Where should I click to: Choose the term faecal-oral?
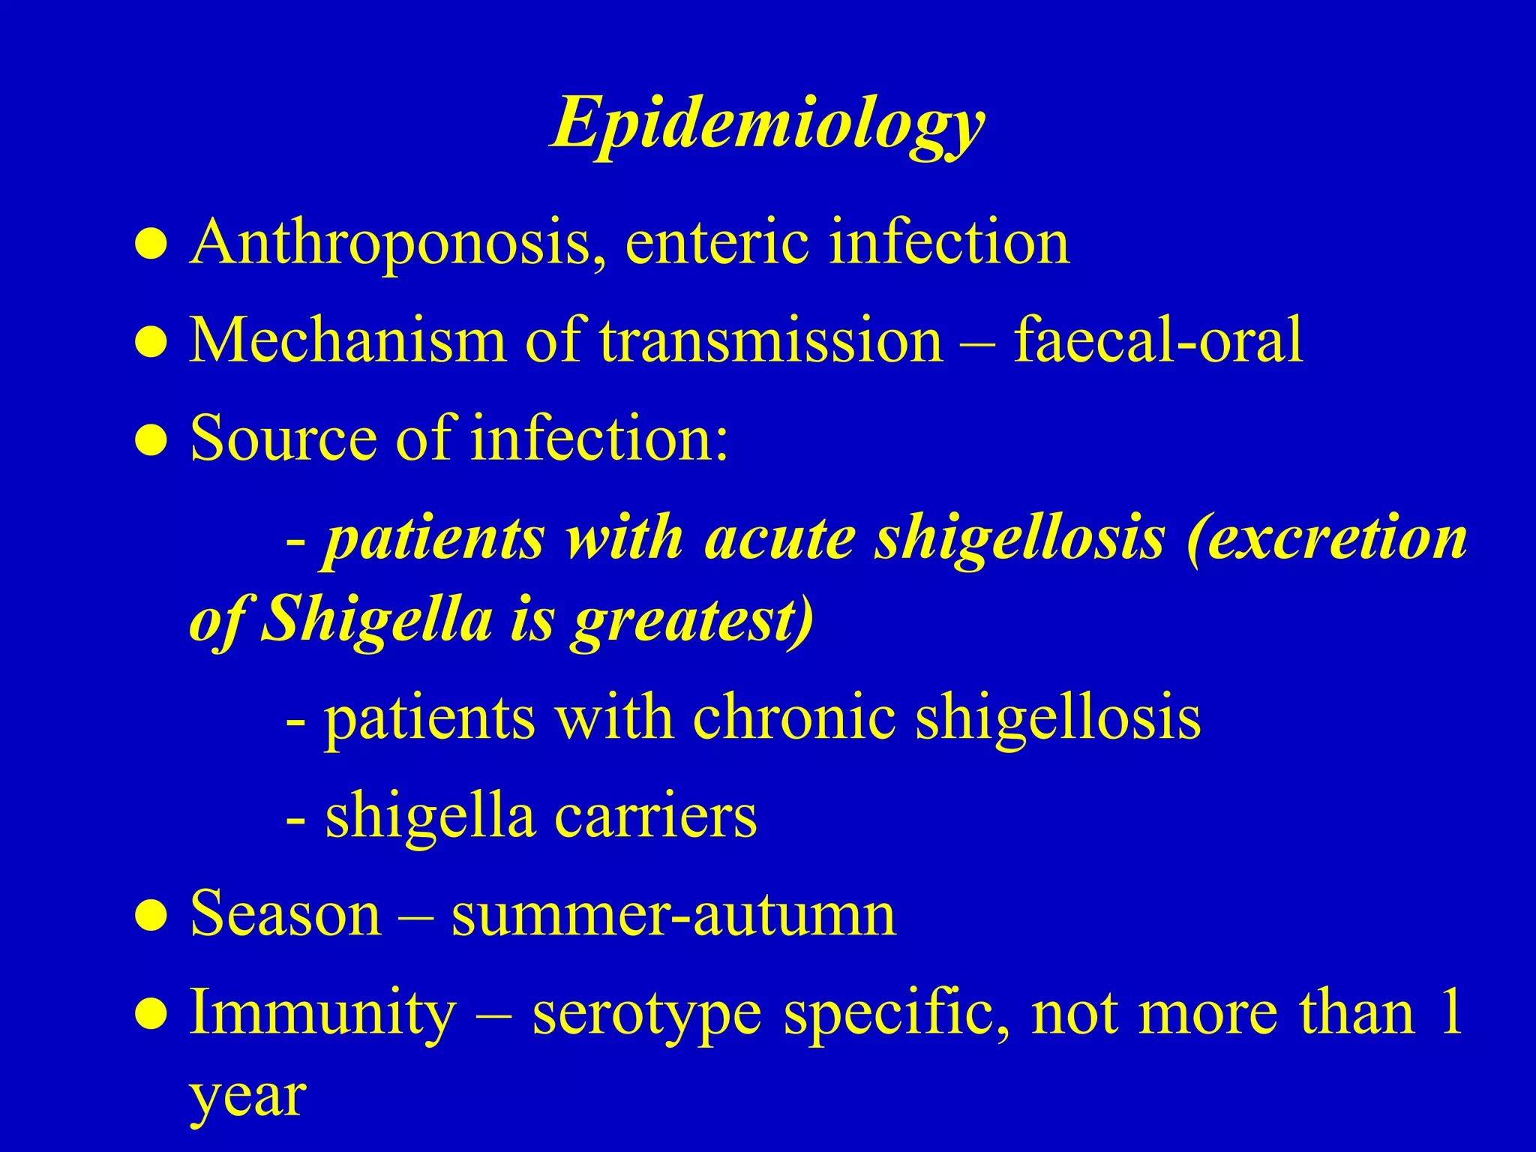1158,340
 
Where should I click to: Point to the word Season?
286,914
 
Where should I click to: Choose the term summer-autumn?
673,914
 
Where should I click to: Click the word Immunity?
322,1012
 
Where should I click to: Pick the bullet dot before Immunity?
151,1015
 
